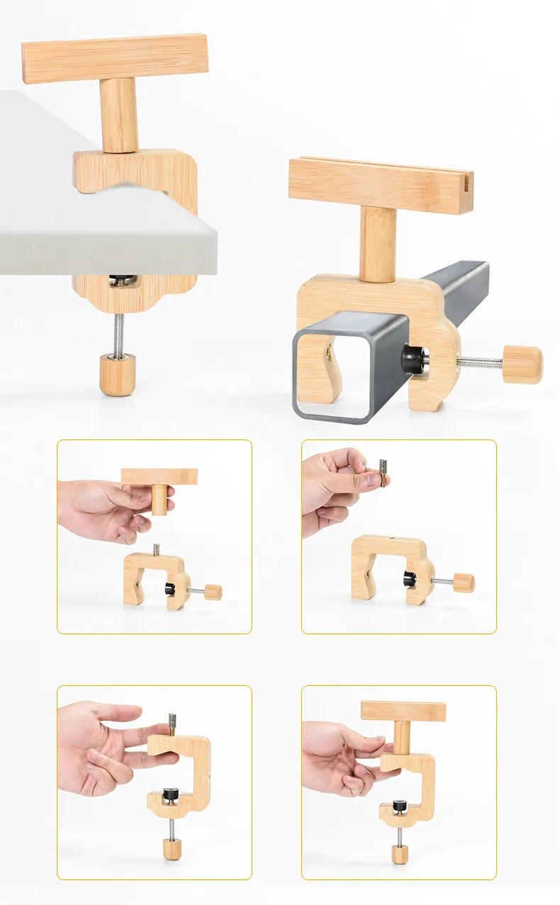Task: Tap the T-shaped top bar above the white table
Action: point(115,58)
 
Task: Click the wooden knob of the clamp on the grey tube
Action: point(522,364)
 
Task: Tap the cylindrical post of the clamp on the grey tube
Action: point(377,243)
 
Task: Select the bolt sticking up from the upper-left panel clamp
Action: point(156,549)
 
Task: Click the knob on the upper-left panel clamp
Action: point(213,592)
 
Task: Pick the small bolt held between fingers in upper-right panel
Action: point(383,473)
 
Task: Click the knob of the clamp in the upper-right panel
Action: point(464,583)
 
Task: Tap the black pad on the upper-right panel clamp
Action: point(409,579)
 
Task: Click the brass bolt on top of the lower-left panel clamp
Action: point(172,725)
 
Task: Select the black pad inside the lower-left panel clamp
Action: point(171,794)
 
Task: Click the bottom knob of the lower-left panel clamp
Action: point(172,848)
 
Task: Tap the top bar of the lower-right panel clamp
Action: point(403,711)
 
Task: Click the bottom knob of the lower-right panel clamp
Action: point(400,853)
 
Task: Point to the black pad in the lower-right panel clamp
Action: point(401,805)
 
